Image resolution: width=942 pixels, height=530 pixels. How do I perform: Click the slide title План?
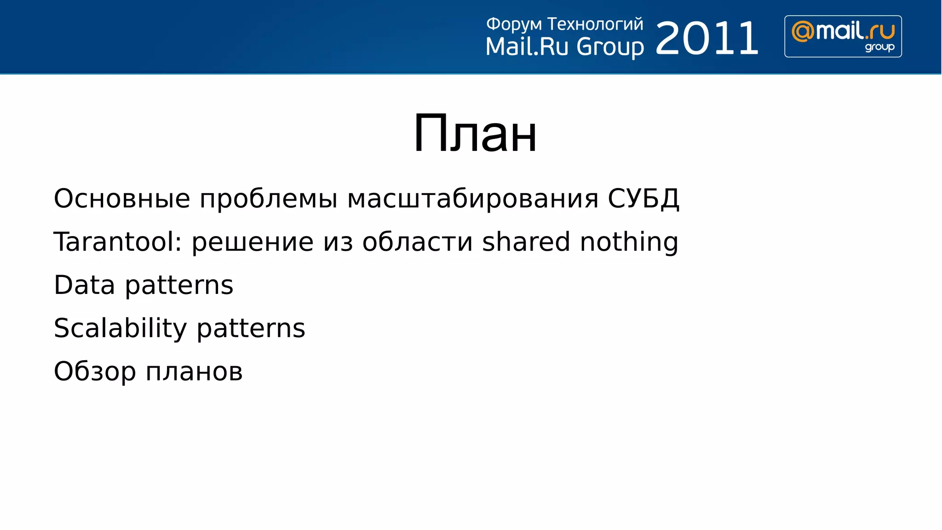tap(475, 134)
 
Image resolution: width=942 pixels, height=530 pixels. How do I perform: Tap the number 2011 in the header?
tap(706, 39)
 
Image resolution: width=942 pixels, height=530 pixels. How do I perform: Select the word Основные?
tap(122, 199)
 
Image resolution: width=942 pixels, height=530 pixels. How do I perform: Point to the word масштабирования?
tap(472, 199)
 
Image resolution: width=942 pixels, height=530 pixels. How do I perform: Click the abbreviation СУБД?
tap(643, 199)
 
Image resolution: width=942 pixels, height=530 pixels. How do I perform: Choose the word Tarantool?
tap(118, 242)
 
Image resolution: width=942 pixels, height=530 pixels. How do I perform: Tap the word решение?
tap(253, 242)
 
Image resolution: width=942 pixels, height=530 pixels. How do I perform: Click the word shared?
tap(526, 242)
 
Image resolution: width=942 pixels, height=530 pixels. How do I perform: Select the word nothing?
tap(629, 242)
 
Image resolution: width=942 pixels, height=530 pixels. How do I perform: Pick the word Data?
tap(84, 285)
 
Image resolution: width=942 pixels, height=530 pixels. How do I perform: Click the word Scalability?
tap(120, 328)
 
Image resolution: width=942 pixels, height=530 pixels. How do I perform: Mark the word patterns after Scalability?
tap(251, 328)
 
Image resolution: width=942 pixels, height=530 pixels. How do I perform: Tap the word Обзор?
tap(95, 371)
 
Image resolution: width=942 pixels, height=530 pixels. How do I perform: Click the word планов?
tap(194, 371)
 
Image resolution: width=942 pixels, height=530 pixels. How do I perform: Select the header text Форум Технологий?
tap(564, 24)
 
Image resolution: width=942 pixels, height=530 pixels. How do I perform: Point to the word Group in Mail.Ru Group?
tap(610, 47)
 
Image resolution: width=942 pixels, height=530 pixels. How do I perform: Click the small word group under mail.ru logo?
tap(879, 47)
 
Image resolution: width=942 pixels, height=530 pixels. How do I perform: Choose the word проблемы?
tap(269, 199)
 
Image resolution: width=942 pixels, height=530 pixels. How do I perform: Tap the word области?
tap(417, 242)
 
